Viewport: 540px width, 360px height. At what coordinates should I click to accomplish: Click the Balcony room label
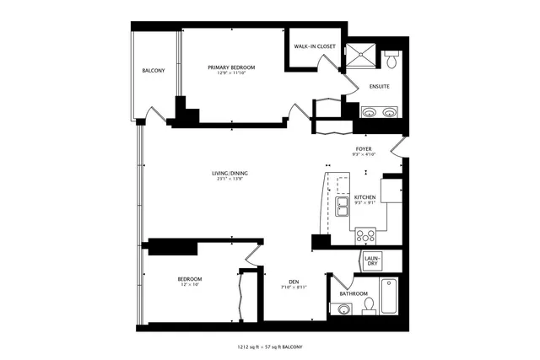(153, 70)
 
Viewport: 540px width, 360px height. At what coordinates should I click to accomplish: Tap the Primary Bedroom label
(231, 67)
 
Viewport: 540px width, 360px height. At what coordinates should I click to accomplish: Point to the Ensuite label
(379, 85)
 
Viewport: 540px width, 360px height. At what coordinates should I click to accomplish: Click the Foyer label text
(364, 149)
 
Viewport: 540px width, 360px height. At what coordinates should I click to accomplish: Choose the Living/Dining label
(229, 174)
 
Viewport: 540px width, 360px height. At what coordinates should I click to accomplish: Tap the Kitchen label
(364, 197)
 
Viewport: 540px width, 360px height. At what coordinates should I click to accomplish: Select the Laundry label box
(372, 260)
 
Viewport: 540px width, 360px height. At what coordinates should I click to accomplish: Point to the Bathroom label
(354, 293)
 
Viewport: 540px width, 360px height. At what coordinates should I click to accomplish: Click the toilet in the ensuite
(391, 61)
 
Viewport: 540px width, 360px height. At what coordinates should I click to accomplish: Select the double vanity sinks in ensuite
(380, 110)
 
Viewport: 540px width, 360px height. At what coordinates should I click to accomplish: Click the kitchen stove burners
(365, 235)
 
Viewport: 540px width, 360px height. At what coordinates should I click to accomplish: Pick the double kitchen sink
(343, 207)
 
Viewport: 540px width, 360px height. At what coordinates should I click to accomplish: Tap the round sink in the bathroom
(344, 309)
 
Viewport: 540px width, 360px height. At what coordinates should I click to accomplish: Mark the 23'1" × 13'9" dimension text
(229, 180)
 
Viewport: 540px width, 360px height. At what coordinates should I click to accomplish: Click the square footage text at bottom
(270, 347)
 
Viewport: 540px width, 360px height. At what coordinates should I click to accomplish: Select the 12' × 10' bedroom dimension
(189, 284)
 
